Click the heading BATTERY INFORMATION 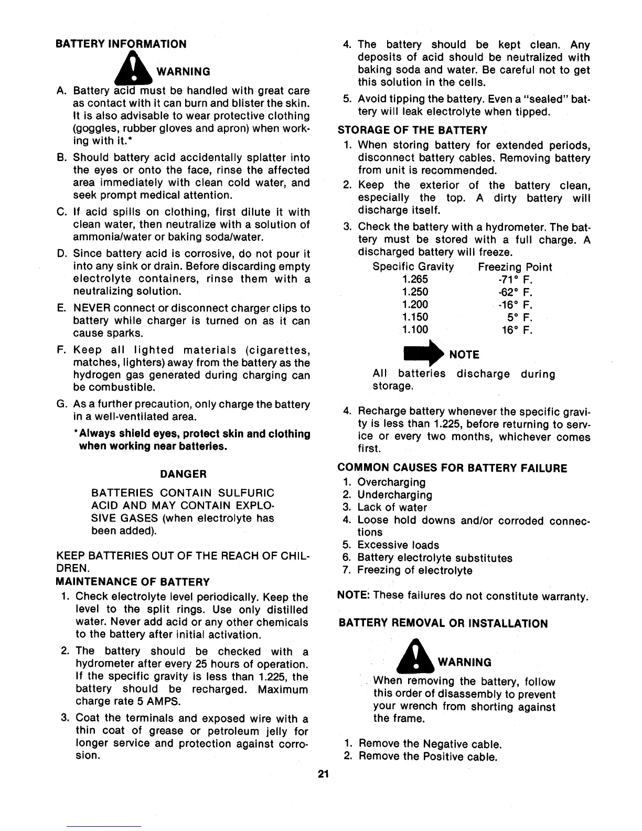(x=121, y=44)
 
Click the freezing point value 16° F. (x=517, y=330)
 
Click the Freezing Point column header (x=515, y=267)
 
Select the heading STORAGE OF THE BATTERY (x=412, y=130)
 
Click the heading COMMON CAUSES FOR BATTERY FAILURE (x=452, y=468)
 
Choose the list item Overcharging (x=391, y=482)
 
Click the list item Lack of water (x=392, y=507)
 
